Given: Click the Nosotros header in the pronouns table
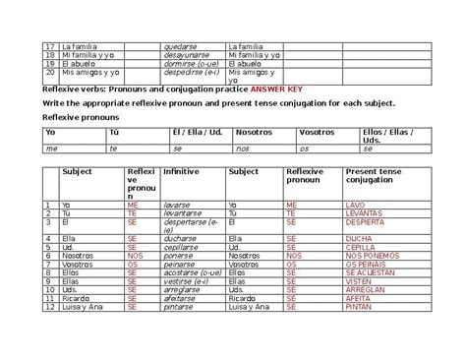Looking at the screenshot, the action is pos(255,131).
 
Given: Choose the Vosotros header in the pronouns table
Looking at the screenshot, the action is pos(317,131).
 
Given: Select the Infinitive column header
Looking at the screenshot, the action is pos(181,171).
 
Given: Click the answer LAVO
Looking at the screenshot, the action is pos(355,205).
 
